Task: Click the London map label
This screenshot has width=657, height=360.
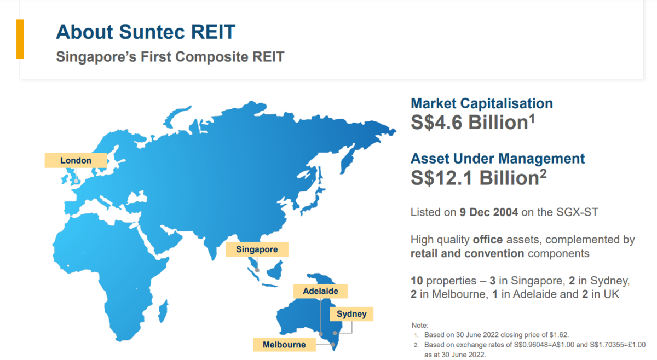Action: [76, 160]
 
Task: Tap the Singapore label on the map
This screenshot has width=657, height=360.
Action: [257, 249]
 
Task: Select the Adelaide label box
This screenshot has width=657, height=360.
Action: [321, 291]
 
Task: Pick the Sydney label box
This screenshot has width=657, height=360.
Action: [351, 314]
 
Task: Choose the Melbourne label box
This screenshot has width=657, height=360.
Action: [284, 345]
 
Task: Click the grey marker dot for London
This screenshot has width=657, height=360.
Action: [76, 181]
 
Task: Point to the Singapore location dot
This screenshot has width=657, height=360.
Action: [257, 270]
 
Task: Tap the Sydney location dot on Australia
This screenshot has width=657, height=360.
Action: [335, 333]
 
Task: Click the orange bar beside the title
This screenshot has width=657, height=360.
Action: [20, 39]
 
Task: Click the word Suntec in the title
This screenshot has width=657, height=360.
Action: [152, 32]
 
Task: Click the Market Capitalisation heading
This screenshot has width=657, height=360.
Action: [482, 103]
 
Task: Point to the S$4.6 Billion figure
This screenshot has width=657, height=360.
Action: [473, 122]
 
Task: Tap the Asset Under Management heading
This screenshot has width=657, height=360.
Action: [498, 159]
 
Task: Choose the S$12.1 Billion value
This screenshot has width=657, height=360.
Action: [479, 177]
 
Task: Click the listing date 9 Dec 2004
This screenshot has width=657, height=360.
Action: [488, 212]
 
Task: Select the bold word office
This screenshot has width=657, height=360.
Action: [487, 240]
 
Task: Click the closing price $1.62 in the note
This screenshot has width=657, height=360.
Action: [559, 335]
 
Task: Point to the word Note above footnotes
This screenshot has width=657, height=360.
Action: [420, 325]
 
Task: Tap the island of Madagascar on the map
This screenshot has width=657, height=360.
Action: [163, 311]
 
